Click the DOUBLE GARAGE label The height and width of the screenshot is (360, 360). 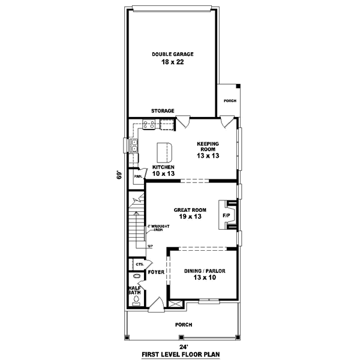[172, 54]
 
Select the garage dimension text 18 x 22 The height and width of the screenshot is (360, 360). [172, 62]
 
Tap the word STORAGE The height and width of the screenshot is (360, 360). [163, 111]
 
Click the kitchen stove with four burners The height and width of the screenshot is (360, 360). [149, 125]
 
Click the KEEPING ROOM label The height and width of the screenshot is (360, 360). [208, 148]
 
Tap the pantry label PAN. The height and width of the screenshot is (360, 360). [137, 176]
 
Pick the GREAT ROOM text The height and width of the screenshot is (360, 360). [190, 210]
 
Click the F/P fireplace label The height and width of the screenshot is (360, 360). [227, 215]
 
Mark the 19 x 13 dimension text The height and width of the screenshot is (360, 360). [190, 217]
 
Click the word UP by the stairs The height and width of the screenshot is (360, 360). [149, 247]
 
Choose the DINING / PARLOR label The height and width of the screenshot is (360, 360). [205, 271]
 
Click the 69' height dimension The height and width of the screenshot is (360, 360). [119, 175]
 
